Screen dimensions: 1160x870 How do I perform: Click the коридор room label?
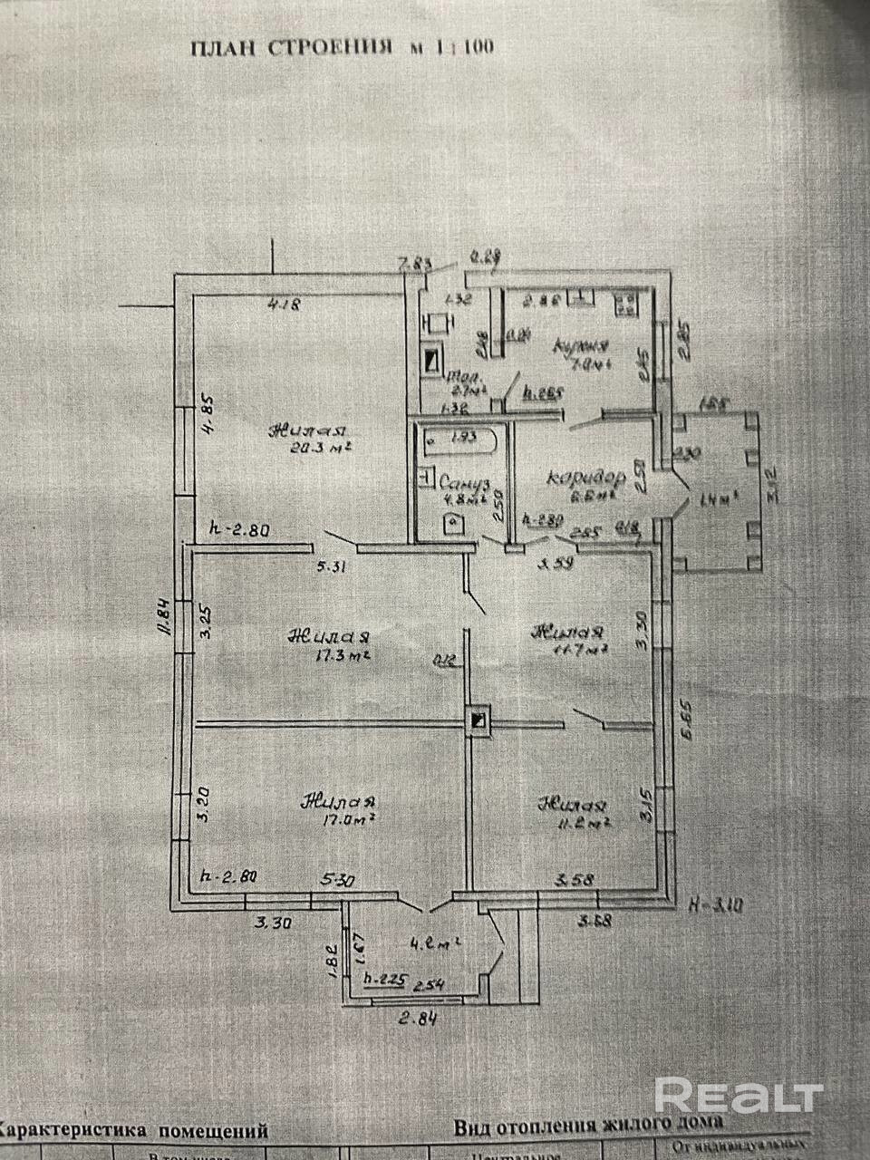click(x=587, y=477)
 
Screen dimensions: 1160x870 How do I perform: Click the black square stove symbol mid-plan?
click(x=478, y=720)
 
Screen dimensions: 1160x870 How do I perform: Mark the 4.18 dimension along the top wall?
click(x=284, y=305)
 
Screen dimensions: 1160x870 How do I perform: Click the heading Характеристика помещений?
click(x=136, y=1130)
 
